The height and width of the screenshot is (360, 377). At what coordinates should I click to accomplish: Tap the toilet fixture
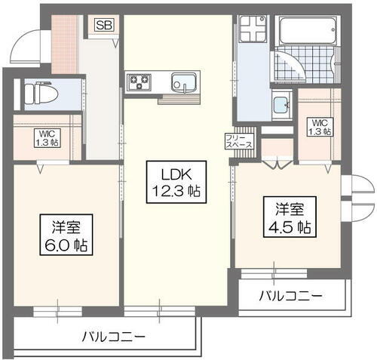[x=32, y=93]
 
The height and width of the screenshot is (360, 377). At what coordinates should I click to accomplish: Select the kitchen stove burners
[x=139, y=82]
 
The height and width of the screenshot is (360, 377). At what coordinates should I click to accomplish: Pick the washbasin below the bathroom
[x=282, y=106]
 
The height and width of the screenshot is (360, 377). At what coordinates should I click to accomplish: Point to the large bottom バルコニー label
[x=113, y=336]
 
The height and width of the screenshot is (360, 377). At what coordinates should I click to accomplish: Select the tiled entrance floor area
[x=63, y=50]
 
